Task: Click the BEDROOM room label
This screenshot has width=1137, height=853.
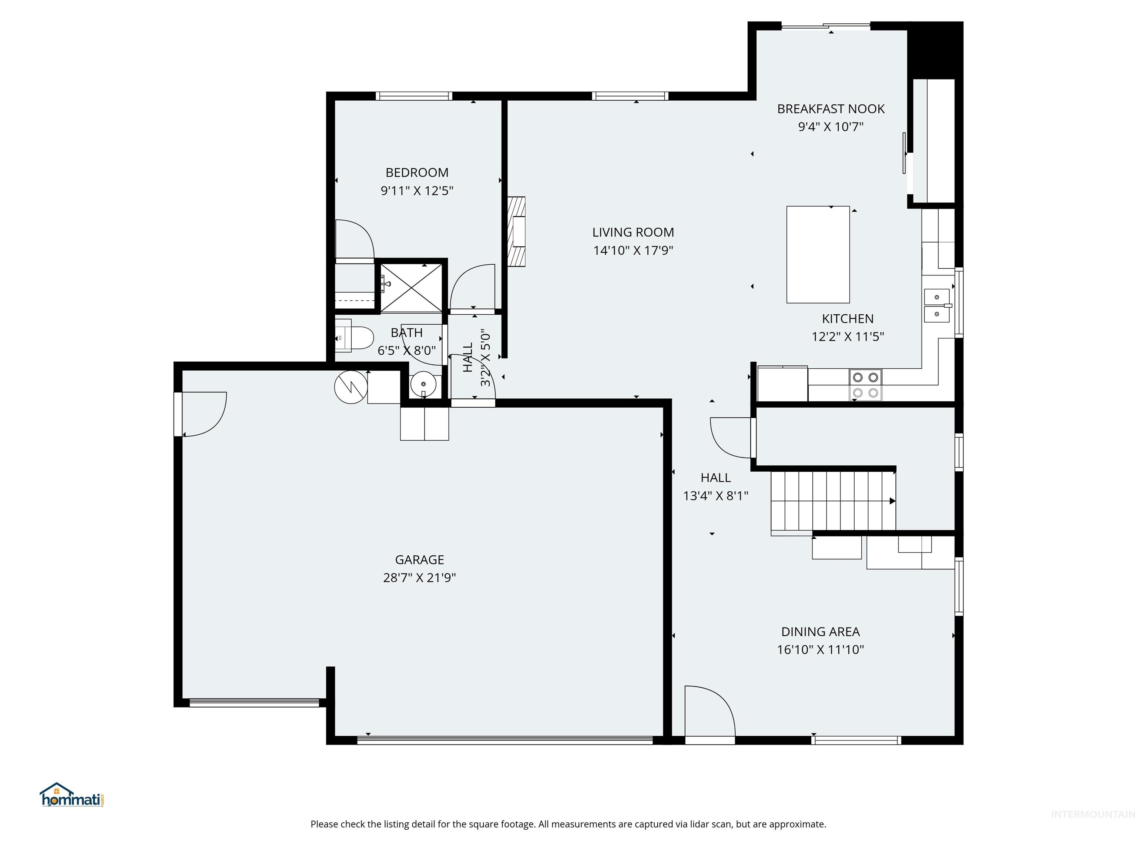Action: [x=417, y=173]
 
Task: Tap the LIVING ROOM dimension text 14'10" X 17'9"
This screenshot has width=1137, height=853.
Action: [x=633, y=250]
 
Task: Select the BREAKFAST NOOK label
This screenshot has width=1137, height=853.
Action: [x=831, y=109]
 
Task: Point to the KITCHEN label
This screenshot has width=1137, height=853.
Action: [x=848, y=319]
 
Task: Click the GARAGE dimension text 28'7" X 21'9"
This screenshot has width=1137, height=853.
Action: [x=419, y=578]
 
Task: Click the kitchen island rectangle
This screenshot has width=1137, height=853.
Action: [x=818, y=254]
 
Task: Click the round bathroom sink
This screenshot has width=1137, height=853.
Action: [x=423, y=384]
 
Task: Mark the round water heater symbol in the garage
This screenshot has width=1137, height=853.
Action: [x=351, y=387]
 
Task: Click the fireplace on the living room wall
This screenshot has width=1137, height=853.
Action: [x=517, y=231]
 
